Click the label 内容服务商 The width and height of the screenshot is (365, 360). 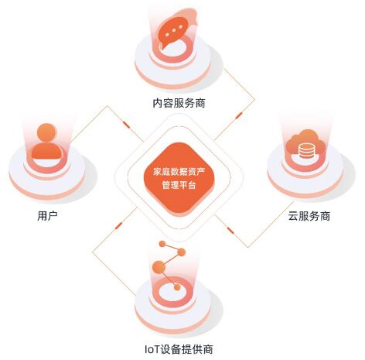(179, 104)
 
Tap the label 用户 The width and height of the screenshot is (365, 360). (47, 216)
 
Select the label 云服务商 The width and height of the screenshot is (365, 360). (309, 216)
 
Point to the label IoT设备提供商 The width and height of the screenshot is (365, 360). (179, 349)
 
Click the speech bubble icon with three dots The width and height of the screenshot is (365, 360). (176, 29)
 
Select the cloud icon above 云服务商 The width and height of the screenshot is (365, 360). (305, 145)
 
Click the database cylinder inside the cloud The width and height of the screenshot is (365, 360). (306, 152)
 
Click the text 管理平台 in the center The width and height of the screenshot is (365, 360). (179, 185)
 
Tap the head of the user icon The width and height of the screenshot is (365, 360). (46, 132)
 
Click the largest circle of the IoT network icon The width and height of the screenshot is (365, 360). (159, 267)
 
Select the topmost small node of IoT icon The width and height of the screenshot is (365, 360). (162, 244)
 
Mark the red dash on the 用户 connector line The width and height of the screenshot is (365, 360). (126, 124)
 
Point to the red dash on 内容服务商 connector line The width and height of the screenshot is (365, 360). (239, 115)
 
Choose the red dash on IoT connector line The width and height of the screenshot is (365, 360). (118, 225)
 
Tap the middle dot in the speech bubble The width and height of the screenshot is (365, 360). (174, 30)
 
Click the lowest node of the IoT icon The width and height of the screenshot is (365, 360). (177, 287)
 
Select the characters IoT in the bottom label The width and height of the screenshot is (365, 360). (152, 350)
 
